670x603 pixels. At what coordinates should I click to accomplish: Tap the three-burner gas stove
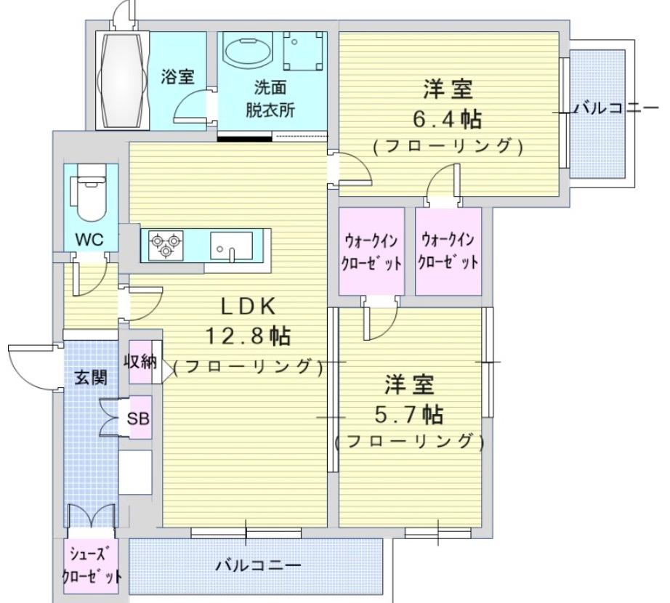pyautogui.click(x=166, y=245)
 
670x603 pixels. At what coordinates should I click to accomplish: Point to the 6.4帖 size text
pyautogui.click(x=448, y=118)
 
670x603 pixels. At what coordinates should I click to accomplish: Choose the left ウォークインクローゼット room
pyautogui.click(x=371, y=251)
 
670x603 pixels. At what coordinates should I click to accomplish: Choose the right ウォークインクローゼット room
pyautogui.click(x=448, y=251)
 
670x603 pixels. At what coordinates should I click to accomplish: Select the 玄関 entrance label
pyautogui.click(x=91, y=378)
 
